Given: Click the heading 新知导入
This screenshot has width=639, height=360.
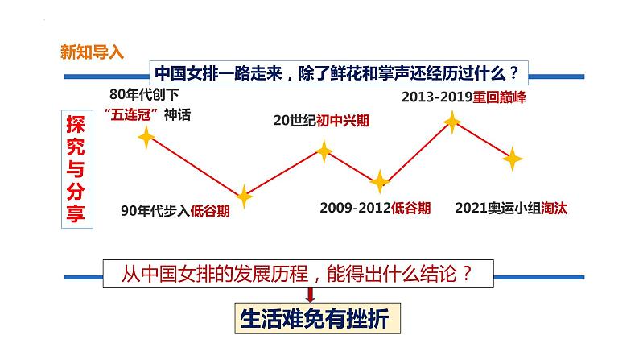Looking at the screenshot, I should point(93,52).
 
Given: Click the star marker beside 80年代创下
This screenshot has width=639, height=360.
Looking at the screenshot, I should point(146,138).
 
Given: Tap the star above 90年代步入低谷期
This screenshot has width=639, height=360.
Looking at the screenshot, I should point(244,196).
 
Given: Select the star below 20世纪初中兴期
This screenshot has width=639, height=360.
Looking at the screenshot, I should point(324,150).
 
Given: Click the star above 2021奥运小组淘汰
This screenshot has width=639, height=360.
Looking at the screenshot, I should point(512,159).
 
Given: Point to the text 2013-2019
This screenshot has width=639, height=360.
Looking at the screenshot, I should point(435,98).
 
